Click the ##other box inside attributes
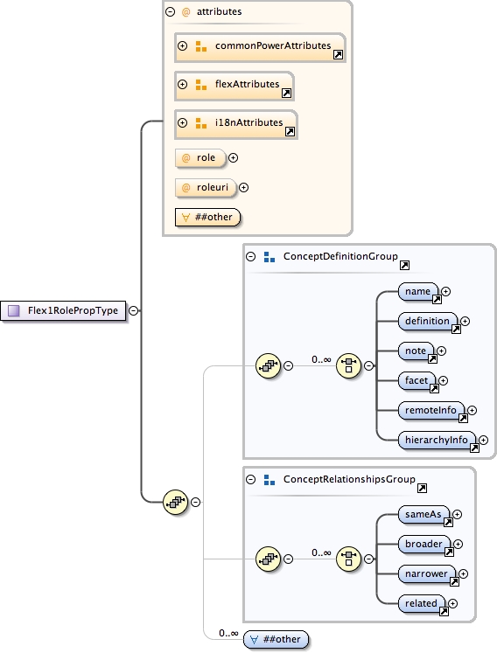[207, 217]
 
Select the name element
[417, 291]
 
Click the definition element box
[427, 321]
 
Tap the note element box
[416, 351]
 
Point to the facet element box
[416, 380]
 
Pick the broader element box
[424, 544]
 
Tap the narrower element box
[427, 573]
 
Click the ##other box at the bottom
[276, 639]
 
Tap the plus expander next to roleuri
[244, 186]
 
